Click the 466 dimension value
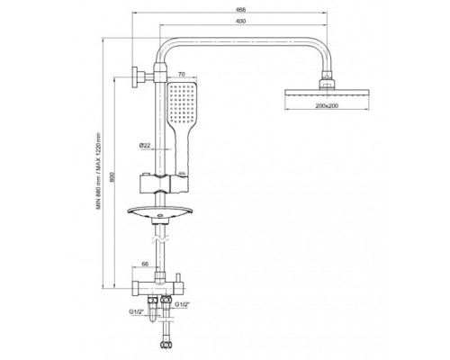[240, 10]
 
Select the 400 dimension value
[240, 21]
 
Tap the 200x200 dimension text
[327, 105]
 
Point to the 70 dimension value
[182, 74]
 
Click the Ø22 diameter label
[145, 145]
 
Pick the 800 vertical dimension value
[112, 177]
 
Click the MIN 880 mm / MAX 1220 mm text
[98, 171]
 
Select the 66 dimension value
[145, 264]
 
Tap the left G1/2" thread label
[135, 312]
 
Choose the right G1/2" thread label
[182, 304]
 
